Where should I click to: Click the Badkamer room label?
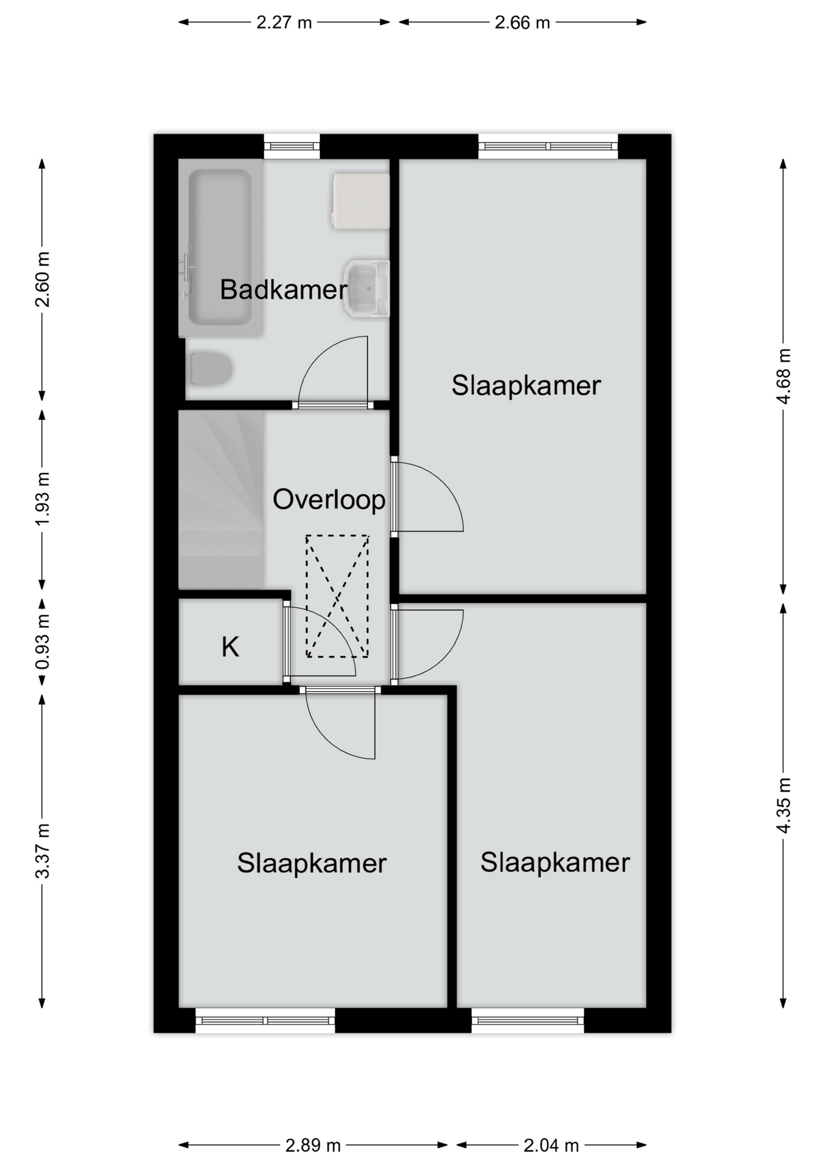coord(283,289)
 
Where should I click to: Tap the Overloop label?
coord(329,500)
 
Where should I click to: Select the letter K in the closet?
coord(230,647)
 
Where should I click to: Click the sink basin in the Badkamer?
coord(366,289)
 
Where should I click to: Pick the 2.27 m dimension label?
coord(284,22)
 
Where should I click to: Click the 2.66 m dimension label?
coord(522,22)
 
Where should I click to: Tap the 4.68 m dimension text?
coord(784,376)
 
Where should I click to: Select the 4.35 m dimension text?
coord(784,805)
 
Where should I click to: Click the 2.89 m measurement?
coord(313,1146)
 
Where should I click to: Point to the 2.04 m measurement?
coord(551,1146)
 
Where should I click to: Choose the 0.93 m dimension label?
coord(43,642)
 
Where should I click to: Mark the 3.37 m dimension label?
coord(43,851)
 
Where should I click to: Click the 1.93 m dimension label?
coord(43,499)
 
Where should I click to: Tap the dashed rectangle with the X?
coord(337,596)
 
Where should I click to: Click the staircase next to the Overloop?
coord(221,500)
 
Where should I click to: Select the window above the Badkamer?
coord(292,146)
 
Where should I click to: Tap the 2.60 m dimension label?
coord(43,279)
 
